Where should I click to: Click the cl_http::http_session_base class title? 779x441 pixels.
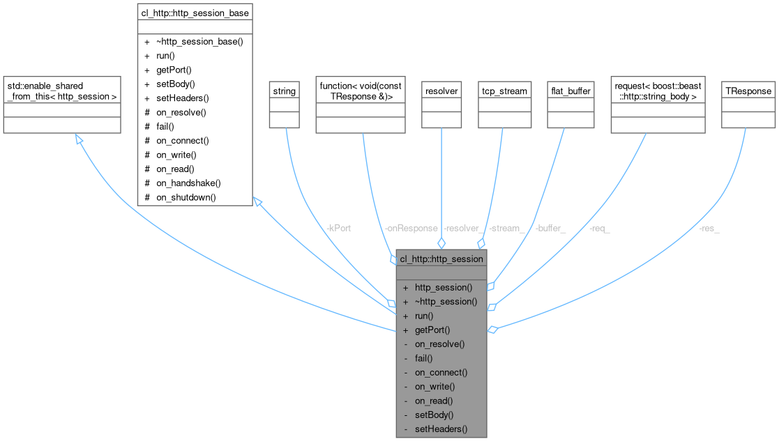195,12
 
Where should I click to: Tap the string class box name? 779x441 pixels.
284,91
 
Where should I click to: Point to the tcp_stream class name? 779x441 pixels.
504,91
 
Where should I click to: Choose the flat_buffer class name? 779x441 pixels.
570,91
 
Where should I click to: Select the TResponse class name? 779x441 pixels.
748,91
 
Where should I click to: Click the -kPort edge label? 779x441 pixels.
338,229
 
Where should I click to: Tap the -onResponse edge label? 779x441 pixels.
411,229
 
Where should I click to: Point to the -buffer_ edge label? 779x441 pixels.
550,229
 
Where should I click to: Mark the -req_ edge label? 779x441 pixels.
599,229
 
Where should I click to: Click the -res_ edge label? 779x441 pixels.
709,229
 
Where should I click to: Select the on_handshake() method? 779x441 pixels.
188,183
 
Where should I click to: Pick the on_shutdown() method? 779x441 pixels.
186,197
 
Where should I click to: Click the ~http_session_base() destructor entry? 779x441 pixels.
199,41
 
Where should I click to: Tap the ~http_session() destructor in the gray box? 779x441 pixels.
446,302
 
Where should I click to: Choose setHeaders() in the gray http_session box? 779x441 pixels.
441,429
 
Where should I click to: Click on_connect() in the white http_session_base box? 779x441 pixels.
182,141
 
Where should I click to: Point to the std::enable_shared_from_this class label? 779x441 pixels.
62,91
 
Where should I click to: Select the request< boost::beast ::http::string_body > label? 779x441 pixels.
657,91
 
